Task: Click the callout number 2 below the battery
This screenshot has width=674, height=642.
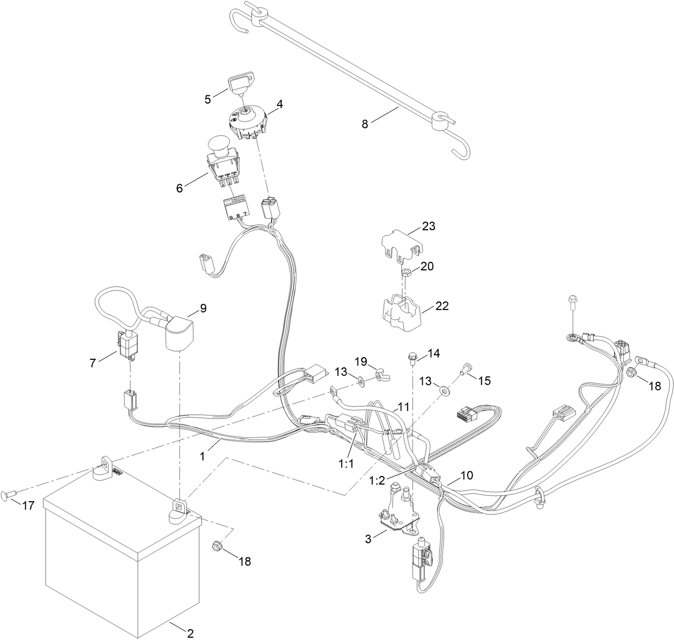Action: (x=190, y=633)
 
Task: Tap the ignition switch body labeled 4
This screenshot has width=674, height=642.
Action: (x=248, y=122)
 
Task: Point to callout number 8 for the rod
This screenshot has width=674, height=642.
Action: (x=365, y=124)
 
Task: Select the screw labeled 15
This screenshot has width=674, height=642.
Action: (x=464, y=369)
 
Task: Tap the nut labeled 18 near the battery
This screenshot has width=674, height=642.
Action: (x=216, y=546)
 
